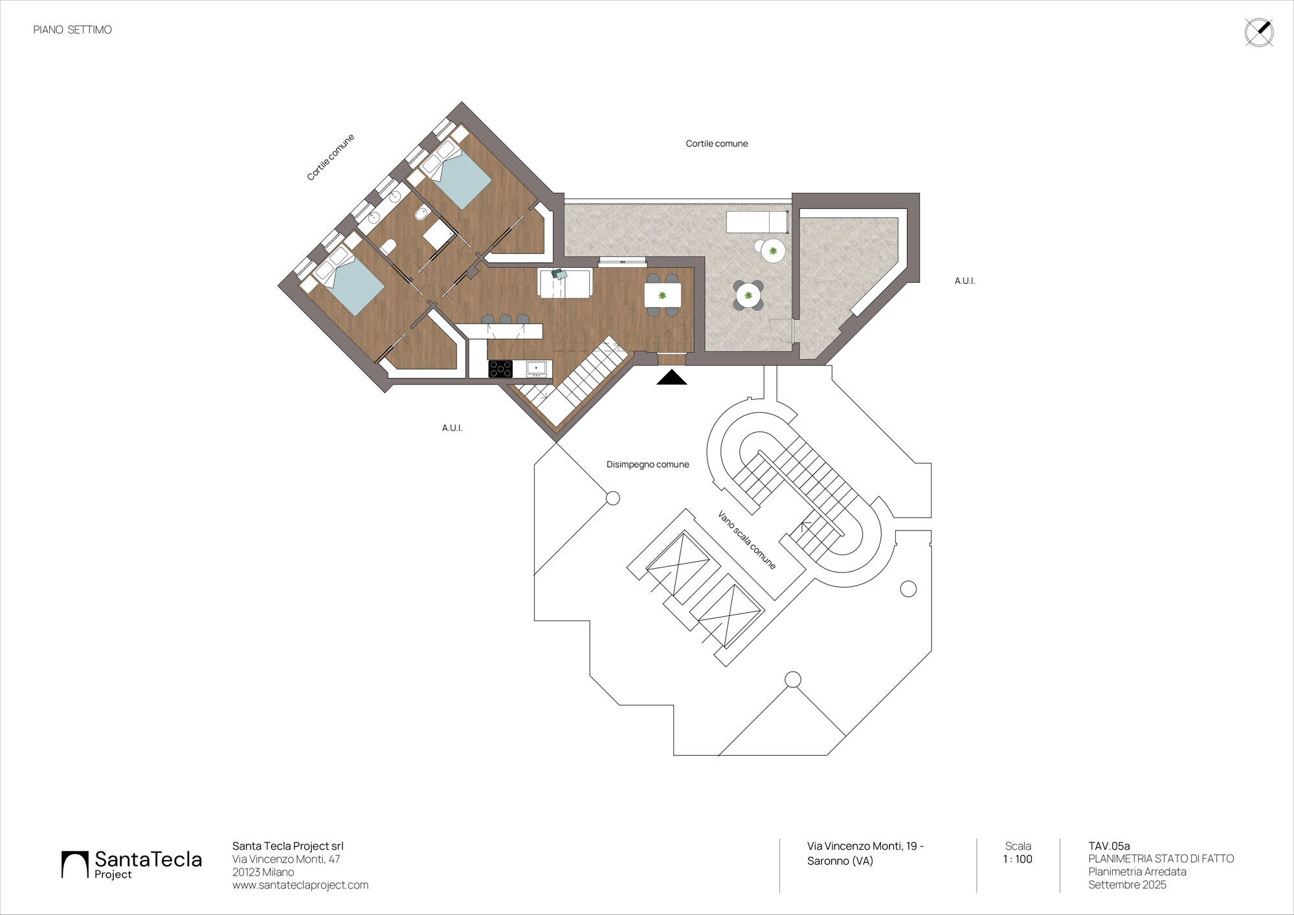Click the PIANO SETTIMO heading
73,30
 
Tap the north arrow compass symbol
1259,32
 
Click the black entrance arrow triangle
671,377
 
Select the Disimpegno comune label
647,465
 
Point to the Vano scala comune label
746,540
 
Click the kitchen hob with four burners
500,369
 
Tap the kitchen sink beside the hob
536,369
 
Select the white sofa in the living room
565,284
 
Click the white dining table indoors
662,296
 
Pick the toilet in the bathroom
388,247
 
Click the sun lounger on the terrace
757,222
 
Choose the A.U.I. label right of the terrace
965,281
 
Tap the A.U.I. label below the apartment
452,428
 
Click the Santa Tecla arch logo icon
74,865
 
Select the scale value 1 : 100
1018,859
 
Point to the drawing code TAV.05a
1109,846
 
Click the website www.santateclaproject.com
300,885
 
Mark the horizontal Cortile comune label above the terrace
717,144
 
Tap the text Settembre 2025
1127,885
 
